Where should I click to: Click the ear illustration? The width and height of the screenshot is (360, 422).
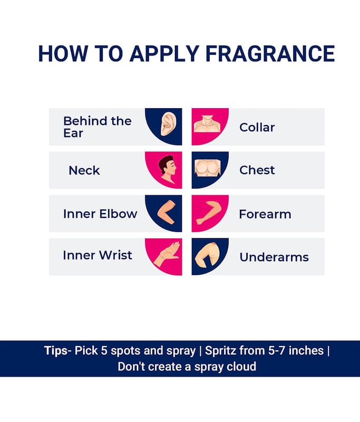tap(169, 124)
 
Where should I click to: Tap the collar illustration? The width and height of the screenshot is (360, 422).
tap(207, 124)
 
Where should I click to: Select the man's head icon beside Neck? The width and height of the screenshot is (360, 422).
tap(168, 169)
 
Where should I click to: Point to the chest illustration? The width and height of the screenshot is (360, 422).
tap(208, 168)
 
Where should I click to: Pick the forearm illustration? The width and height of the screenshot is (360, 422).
tap(209, 213)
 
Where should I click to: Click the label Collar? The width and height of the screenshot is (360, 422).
tap(257, 127)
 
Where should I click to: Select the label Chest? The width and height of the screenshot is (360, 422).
tap(257, 170)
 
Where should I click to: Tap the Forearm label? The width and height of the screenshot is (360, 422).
tap(265, 214)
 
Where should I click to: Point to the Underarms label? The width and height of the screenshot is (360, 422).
tap(274, 257)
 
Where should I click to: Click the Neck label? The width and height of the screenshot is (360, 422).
tap(84, 170)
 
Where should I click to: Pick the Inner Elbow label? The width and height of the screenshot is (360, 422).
tap(100, 214)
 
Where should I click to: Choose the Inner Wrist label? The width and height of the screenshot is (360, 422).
tap(98, 255)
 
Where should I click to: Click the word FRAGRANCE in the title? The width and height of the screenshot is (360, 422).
tap(270, 54)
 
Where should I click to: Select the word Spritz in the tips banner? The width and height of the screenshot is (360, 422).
tap(220, 351)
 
